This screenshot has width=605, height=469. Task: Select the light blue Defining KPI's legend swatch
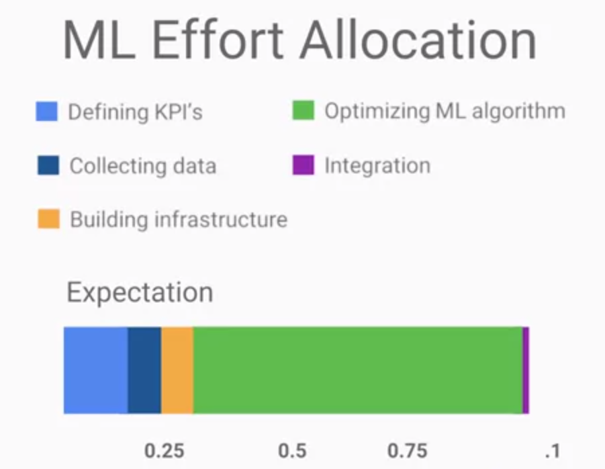pos(47,112)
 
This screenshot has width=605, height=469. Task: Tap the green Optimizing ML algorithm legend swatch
pos(304,110)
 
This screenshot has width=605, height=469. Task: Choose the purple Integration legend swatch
pos(304,165)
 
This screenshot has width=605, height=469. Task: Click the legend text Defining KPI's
pos(135,112)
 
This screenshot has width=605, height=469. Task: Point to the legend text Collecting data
pos(142,166)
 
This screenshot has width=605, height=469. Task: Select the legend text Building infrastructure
pos(179,220)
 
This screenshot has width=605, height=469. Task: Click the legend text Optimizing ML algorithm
pos(445,112)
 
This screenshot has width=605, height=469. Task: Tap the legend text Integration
pos(377,165)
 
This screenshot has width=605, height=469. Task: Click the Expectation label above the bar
pos(140,293)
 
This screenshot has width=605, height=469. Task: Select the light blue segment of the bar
pos(95,370)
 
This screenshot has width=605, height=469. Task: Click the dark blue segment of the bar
pos(144,370)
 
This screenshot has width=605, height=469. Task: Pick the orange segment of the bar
pos(177,370)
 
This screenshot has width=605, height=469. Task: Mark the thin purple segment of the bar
pos(526,370)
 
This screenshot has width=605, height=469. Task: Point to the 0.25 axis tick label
pos(165,450)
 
